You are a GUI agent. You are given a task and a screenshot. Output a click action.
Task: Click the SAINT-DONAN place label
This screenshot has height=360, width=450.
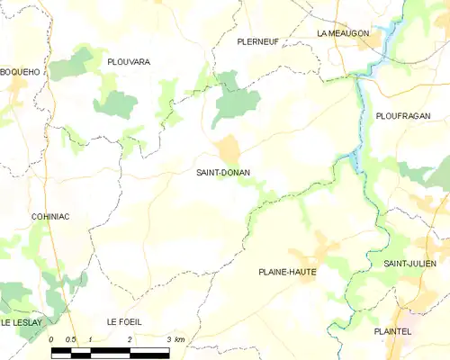coord(223,172)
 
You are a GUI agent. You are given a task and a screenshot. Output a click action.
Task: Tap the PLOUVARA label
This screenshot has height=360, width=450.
coord(128,61)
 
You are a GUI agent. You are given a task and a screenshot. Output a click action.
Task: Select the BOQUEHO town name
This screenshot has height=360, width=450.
coord(18,71)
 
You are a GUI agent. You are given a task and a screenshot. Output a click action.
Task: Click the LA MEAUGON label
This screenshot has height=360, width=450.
coord(343,33)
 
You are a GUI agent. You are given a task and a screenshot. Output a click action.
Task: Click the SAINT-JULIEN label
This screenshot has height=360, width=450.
coord(410,263)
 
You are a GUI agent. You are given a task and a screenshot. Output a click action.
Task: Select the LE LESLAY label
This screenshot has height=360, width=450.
coord(23,321)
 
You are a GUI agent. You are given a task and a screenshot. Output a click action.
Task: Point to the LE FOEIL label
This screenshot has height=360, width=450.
coord(124,321)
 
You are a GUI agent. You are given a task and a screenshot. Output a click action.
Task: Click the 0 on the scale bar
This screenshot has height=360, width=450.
coord(52,339)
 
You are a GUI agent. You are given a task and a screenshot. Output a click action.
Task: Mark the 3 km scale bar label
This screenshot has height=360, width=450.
coord(174,339)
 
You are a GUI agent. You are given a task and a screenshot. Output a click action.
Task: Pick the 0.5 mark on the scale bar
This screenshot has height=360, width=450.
coord(71,339)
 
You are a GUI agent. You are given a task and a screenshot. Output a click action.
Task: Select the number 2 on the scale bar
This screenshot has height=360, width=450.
coord(130,339)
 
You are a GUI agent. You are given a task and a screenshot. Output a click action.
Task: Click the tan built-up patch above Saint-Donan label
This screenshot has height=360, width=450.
coord(227,148)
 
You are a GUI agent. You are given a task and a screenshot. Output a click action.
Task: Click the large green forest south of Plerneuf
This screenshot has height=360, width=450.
coord(236,103)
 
